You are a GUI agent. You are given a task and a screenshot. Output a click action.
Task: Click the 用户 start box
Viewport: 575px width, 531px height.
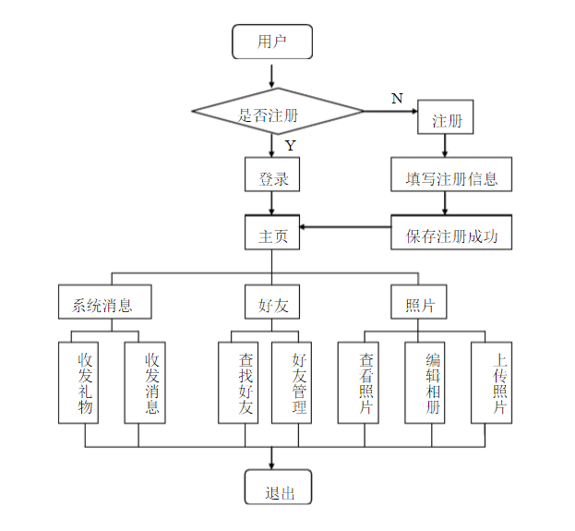272,42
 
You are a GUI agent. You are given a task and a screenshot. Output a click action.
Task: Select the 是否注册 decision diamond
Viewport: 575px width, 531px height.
278,113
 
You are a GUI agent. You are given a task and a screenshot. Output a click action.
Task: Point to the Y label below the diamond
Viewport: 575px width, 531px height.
290,146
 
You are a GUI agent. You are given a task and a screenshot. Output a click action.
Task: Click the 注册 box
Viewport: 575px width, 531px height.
447,118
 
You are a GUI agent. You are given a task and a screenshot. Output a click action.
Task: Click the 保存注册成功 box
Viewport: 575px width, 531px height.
451,233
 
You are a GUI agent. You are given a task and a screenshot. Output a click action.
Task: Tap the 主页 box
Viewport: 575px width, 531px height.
272,233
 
